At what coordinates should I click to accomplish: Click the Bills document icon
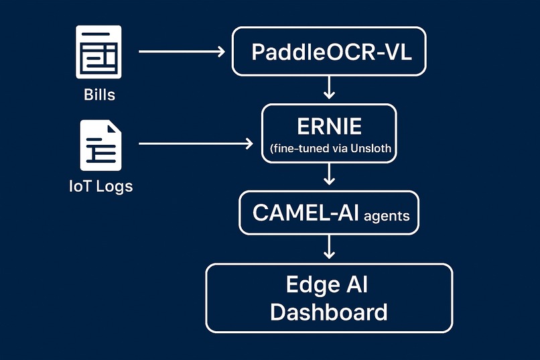(x=99, y=50)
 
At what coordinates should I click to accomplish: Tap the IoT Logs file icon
(x=100, y=145)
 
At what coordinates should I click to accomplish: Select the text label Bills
(x=99, y=95)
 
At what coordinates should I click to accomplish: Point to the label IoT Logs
(x=100, y=186)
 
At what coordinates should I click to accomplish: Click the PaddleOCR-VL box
(x=328, y=51)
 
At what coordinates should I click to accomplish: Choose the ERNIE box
(x=328, y=133)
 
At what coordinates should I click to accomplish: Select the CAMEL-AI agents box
(x=328, y=213)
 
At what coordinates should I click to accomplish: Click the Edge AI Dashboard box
(x=328, y=298)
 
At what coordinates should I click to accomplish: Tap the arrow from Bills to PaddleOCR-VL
(x=181, y=51)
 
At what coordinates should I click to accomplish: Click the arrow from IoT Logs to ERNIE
(x=194, y=143)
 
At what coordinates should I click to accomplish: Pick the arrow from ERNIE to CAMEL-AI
(x=328, y=175)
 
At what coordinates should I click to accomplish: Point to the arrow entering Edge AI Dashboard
(x=328, y=248)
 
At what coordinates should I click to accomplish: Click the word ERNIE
(x=329, y=125)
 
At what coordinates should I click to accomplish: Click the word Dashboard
(x=328, y=312)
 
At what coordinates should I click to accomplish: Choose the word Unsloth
(x=370, y=149)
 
